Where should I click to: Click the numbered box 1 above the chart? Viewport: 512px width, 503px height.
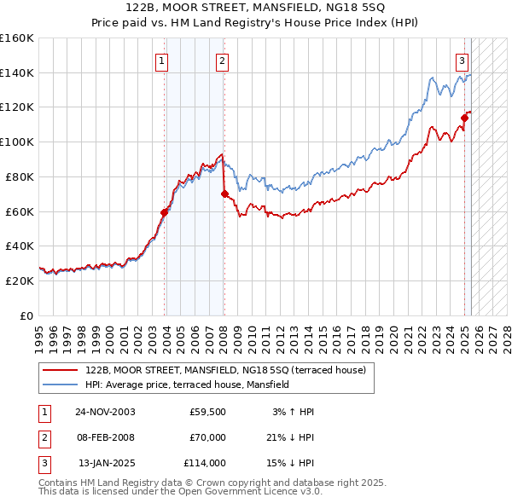[x=161, y=61]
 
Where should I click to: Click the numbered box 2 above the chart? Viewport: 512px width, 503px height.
[x=222, y=61]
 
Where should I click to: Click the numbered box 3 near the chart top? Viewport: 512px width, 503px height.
[x=462, y=61]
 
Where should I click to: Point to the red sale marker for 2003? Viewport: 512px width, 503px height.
[x=164, y=212]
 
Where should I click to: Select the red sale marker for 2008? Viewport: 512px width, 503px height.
[x=224, y=194]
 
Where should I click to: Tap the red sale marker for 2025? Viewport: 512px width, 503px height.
[x=465, y=118]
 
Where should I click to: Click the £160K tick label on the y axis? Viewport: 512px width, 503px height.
[x=17, y=38]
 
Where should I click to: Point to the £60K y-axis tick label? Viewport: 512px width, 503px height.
[x=20, y=211]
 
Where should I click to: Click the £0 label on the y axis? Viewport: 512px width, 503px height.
[x=28, y=315]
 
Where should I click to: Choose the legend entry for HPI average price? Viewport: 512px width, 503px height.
[x=188, y=384]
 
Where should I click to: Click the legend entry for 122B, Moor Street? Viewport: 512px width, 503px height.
[x=225, y=370]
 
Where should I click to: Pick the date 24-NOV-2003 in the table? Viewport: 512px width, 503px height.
[x=105, y=412]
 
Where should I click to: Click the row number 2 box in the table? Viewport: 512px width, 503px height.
[x=43, y=437]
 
